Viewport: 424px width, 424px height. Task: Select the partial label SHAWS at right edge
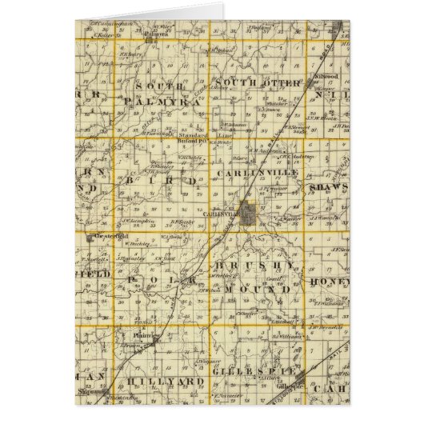329,187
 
